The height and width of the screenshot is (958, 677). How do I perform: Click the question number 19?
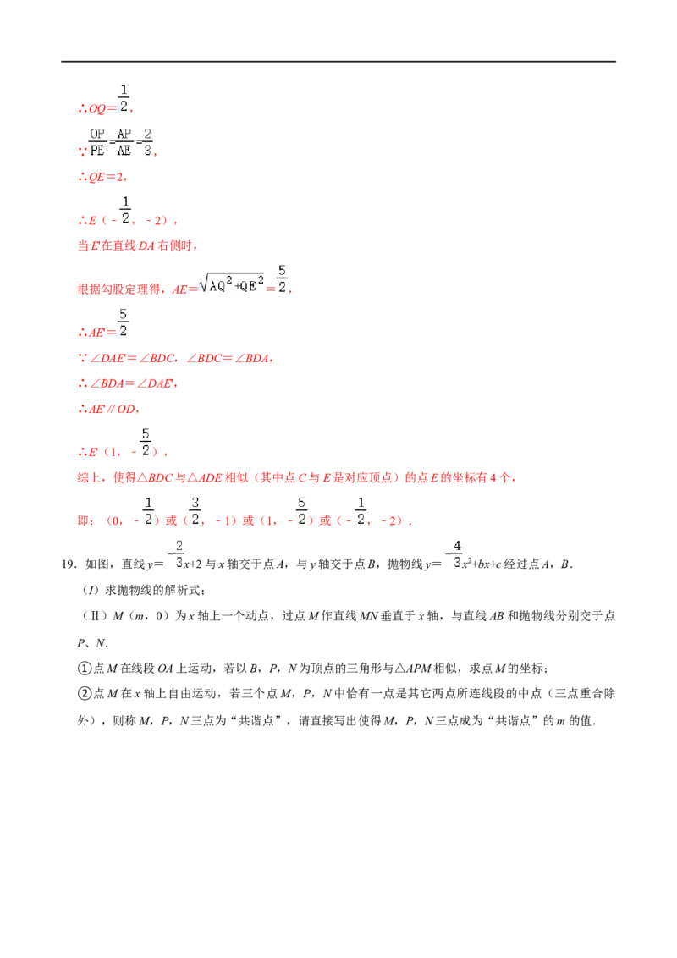(x=69, y=564)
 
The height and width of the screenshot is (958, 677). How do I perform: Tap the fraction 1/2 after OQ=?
(x=124, y=98)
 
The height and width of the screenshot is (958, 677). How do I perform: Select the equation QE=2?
(x=102, y=177)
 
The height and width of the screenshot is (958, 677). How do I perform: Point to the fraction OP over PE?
(x=98, y=141)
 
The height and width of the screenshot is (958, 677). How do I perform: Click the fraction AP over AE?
(x=124, y=141)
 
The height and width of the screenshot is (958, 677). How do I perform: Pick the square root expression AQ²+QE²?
(x=232, y=283)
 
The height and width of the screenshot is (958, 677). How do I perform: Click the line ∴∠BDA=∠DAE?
(x=127, y=383)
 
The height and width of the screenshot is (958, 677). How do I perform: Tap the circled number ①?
(x=85, y=669)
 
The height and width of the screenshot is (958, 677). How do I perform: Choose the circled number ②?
(x=85, y=693)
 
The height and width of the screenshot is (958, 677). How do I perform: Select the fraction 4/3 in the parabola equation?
(x=456, y=554)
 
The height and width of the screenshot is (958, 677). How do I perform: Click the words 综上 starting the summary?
(x=89, y=478)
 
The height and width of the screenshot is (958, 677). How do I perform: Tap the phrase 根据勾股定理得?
(x=119, y=289)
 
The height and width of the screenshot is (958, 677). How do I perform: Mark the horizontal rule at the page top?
(x=338, y=62)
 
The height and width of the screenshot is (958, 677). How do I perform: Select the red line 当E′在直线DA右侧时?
(x=137, y=245)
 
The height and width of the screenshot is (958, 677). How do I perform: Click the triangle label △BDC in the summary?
(x=155, y=478)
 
